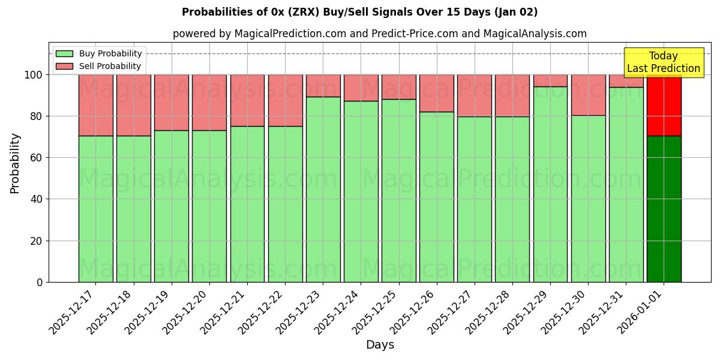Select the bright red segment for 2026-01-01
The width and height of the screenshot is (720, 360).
pos(664,105)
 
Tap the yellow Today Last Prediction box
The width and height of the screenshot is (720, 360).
pos(664,62)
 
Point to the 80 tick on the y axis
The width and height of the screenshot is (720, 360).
pos(35,116)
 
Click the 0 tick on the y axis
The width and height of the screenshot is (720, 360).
pos(40,282)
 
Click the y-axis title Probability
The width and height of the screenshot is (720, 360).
pos(16,163)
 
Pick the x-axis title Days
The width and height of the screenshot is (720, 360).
pos(380,345)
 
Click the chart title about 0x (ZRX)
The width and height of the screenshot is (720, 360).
pos(359,12)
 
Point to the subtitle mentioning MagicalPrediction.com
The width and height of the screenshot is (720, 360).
pos(379,34)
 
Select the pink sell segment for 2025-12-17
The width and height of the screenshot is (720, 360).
pos(96,105)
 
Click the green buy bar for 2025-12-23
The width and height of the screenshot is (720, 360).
pos(323,189)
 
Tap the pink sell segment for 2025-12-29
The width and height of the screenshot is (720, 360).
pos(550,80)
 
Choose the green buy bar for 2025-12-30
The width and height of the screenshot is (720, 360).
pos(588,199)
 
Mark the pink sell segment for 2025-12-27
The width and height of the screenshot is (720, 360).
pos(475,95)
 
